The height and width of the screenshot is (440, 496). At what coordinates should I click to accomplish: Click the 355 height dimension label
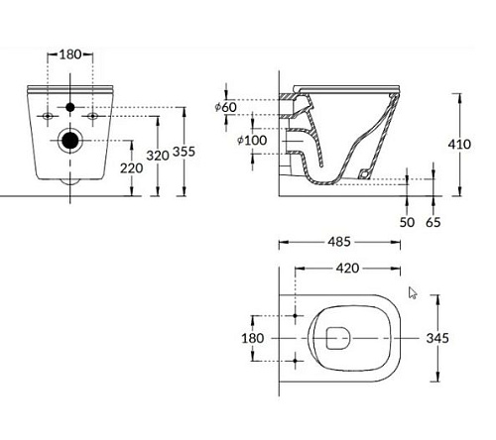(x=185, y=152)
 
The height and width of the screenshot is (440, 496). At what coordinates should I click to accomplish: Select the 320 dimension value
(x=158, y=156)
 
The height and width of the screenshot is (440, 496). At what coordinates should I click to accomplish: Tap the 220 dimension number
(x=131, y=168)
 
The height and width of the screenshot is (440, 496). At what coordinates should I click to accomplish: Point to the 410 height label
(x=459, y=144)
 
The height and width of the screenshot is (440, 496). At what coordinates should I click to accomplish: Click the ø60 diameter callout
(x=226, y=107)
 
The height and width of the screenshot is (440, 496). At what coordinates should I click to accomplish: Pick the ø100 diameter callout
(x=252, y=140)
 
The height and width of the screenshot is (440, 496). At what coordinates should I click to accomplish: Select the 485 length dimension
(x=339, y=242)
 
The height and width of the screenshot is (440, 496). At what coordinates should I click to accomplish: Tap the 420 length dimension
(x=347, y=268)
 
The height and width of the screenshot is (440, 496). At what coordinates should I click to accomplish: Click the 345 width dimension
(x=437, y=338)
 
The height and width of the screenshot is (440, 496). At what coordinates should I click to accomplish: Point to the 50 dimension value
(x=407, y=222)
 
